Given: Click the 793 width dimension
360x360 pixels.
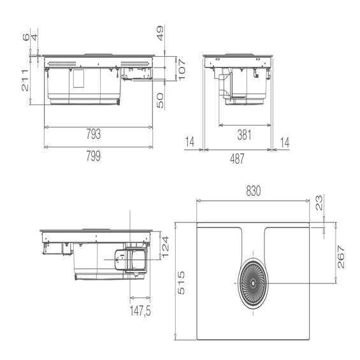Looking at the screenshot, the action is (x=94, y=134).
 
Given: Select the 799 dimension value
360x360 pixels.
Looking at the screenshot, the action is (x=94, y=156).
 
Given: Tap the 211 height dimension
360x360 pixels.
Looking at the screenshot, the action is (x=25, y=80).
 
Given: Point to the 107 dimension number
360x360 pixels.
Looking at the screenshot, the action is (x=182, y=69).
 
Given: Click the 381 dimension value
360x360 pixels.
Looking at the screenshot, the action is (x=244, y=134).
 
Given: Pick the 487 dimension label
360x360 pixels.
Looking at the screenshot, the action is (x=237, y=159).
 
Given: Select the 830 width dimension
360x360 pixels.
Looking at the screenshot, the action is (x=254, y=191).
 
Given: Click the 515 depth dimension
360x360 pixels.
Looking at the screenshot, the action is (x=181, y=283).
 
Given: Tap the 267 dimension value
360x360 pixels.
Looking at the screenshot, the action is (x=341, y=257).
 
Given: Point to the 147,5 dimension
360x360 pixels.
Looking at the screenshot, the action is (x=140, y=311).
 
